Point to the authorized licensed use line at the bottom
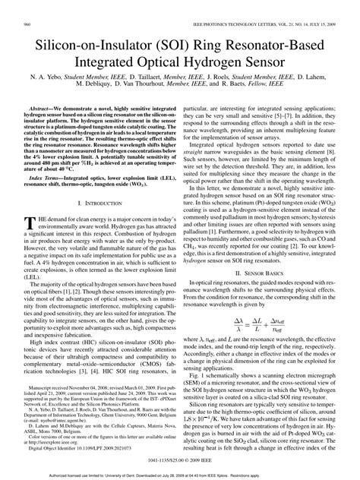[x=180, y=474]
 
